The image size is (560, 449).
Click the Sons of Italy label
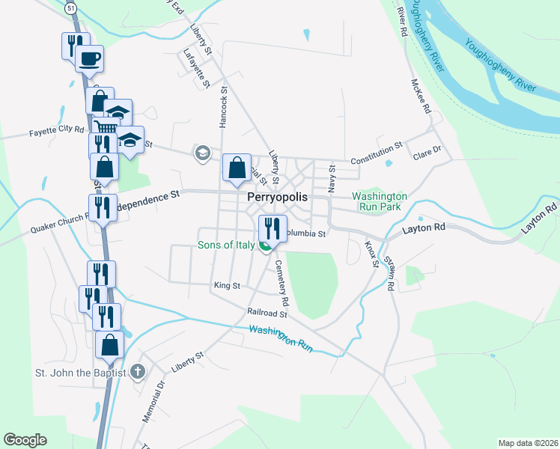[x=227, y=245]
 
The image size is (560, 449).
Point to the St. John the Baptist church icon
[x=137, y=371]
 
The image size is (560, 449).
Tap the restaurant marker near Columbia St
[x=273, y=228]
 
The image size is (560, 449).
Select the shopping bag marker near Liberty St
[x=237, y=168]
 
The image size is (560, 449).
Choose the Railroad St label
[x=268, y=313]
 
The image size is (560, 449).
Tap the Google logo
[x=25, y=440]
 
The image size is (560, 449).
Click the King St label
[x=226, y=285]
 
